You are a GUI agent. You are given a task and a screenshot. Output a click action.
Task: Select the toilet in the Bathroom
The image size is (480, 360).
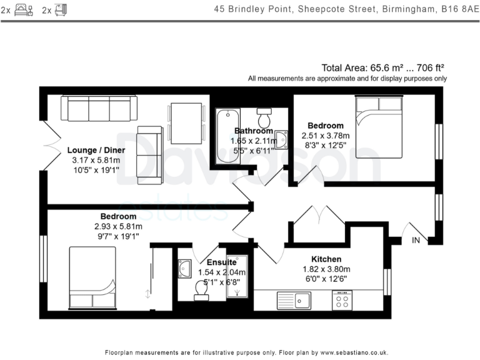click(264, 117)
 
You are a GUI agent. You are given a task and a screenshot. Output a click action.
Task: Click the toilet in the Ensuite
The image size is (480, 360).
click(202, 291)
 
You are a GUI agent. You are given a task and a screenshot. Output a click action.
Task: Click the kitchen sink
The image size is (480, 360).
click(294, 301)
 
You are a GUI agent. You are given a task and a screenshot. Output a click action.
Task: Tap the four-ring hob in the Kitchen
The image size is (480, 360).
click(342, 301)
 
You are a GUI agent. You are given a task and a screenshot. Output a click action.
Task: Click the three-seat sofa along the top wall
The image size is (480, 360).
click(99, 109)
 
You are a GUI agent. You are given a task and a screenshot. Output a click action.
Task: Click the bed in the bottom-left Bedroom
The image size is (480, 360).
click(92, 277)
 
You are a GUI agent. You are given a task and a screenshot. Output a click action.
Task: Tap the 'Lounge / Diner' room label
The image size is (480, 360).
click(96, 150)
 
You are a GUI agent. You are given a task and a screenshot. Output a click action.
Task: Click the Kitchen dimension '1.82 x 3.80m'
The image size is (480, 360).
click(326, 269)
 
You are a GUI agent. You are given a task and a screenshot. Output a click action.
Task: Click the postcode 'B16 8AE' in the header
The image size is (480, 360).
click(458, 9)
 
